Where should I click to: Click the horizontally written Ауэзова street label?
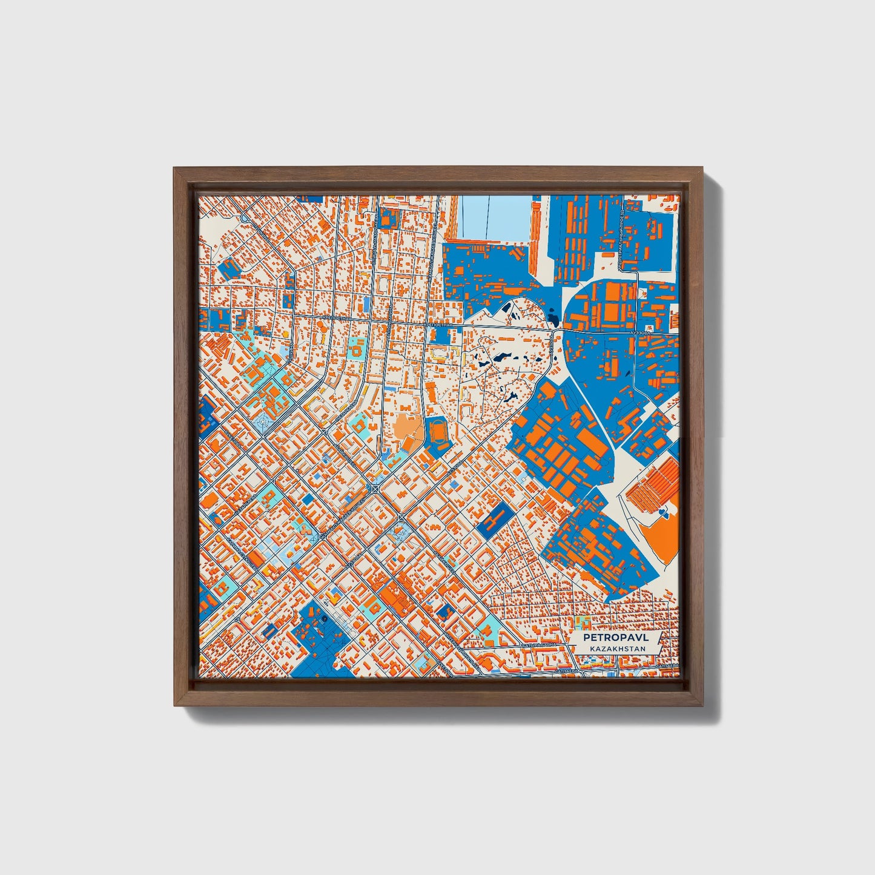[x=639, y=332]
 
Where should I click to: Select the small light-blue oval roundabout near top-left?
[x=245, y=217]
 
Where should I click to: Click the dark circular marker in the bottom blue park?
[x=325, y=618]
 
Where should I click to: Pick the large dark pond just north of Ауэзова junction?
[x=553, y=315]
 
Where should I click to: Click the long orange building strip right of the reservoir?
[x=535, y=236]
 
